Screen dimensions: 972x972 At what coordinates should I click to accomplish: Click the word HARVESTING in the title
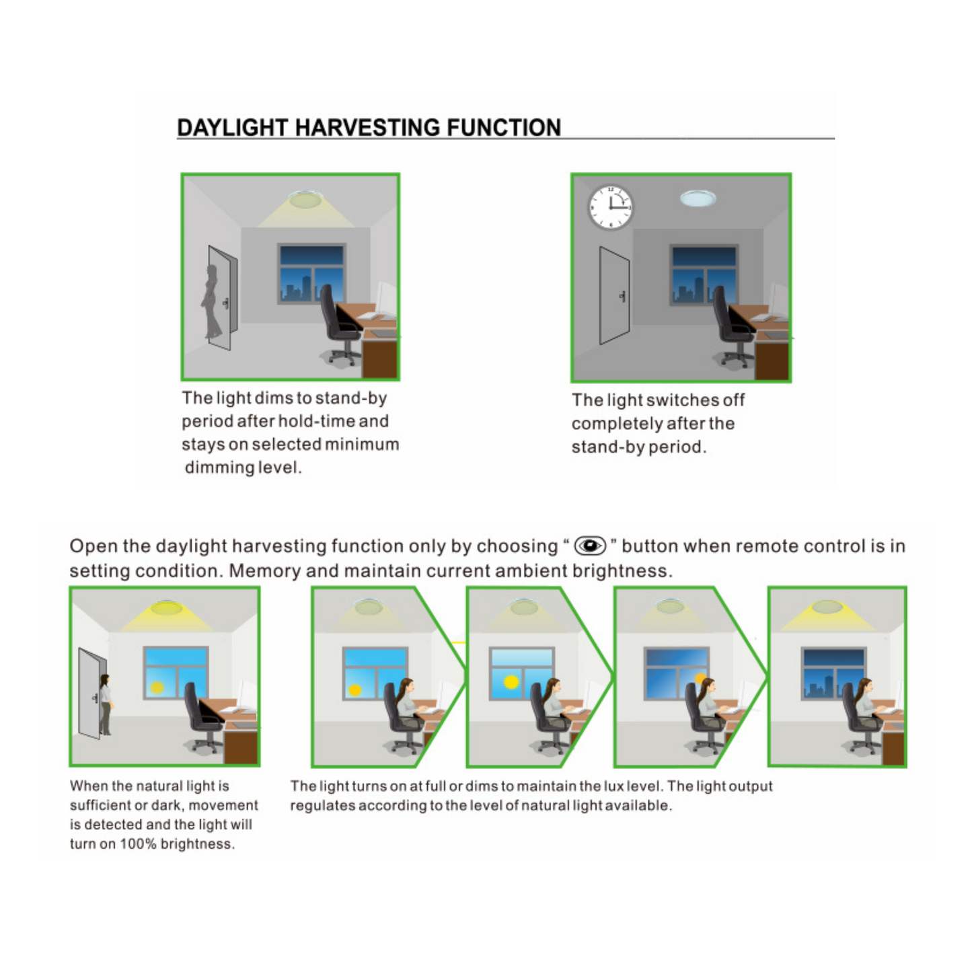[x=367, y=128]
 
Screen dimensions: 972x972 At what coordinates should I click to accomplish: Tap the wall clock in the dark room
[x=610, y=207]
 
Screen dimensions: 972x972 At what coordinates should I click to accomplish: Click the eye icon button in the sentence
[x=590, y=546]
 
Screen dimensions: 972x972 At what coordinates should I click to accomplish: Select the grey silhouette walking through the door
[x=213, y=301]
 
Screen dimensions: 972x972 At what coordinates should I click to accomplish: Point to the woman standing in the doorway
[x=106, y=704]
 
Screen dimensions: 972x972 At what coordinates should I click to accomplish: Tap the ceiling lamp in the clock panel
[x=698, y=198]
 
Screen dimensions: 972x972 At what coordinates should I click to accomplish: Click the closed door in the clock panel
[x=614, y=295]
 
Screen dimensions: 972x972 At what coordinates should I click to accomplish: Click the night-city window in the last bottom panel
[x=833, y=673]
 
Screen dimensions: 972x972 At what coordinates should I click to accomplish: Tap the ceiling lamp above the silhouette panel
[x=305, y=198]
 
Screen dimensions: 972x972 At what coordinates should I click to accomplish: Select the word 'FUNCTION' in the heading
[x=503, y=128]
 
